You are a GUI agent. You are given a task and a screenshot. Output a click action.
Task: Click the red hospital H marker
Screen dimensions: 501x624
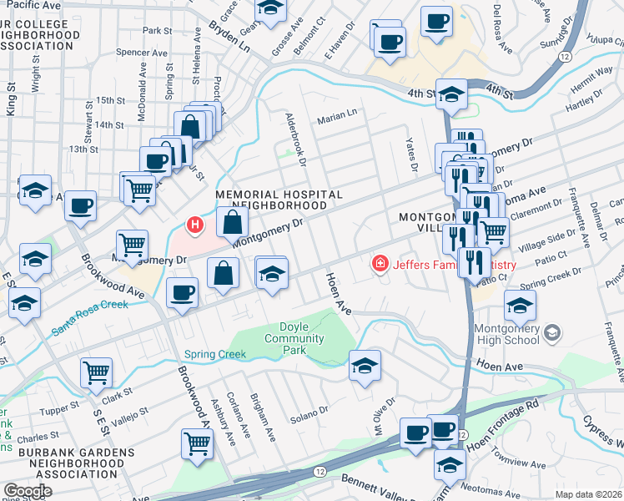(195, 225)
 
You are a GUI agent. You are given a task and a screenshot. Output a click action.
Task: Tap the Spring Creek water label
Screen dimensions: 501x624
(215, 354)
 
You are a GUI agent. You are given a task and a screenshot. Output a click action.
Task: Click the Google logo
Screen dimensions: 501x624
(28, 491)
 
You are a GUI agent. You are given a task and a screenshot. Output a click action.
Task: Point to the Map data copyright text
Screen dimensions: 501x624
(588, 494)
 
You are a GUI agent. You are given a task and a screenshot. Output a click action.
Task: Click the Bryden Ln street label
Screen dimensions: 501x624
(229, 34)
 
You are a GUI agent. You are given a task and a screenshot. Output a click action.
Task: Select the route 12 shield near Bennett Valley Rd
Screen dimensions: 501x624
(320, 472)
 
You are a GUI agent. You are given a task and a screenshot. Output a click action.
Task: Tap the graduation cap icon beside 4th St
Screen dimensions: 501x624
(451, 97)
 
